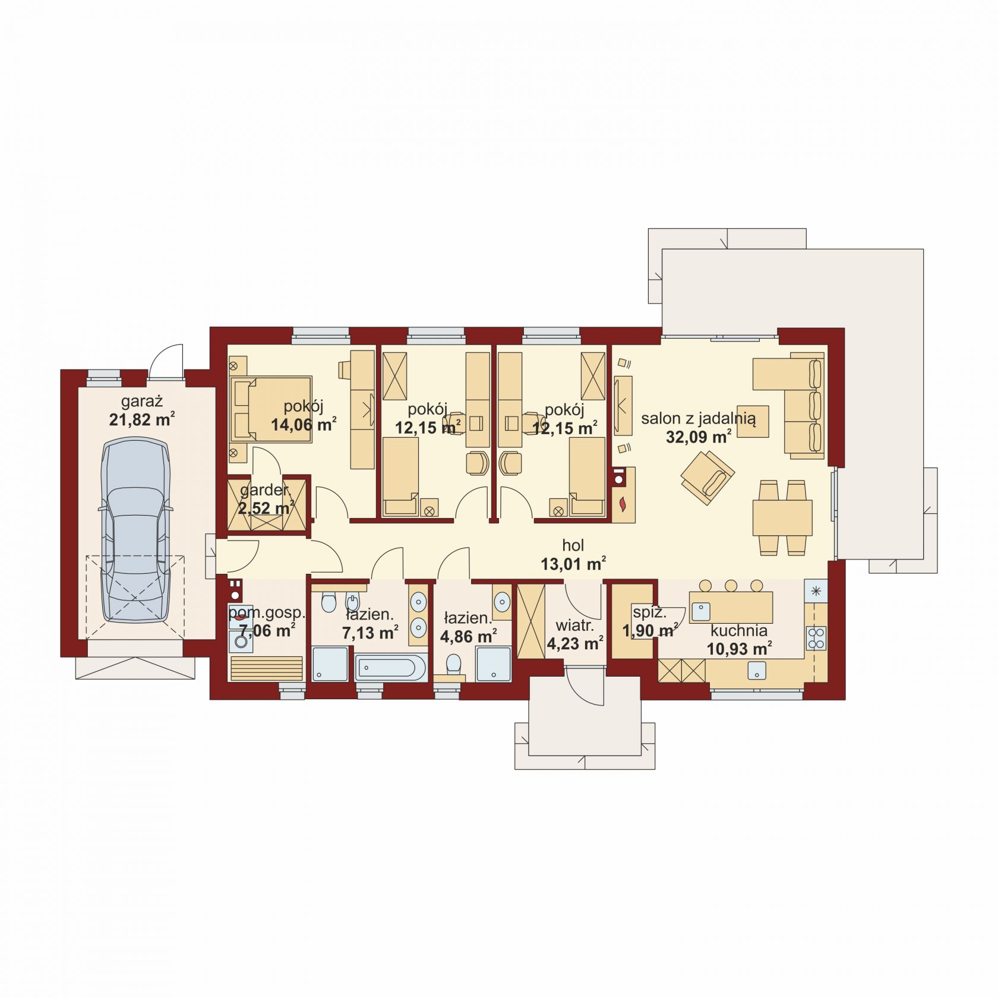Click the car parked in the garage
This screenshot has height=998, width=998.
[135, 530]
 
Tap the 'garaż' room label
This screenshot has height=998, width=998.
[142, 402]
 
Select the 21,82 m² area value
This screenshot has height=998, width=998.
[142, 420]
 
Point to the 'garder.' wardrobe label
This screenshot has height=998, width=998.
[266, 491]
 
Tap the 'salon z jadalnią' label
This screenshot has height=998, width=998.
[699, 419]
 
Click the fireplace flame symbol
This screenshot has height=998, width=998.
[623, 504]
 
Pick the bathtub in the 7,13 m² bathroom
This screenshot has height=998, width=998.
[391, 668]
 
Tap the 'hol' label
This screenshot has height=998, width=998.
[573, 545]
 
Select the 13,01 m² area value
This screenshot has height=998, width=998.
[573, 563]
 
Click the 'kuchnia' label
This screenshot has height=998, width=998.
[739, 630]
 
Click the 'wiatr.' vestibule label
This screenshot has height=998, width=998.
[574, 626]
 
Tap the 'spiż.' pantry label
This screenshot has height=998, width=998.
[649, 612]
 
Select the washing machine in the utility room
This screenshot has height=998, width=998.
[241, 642]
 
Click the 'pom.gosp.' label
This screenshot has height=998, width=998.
[267, 612]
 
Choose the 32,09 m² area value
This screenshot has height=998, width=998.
[699, 437]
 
